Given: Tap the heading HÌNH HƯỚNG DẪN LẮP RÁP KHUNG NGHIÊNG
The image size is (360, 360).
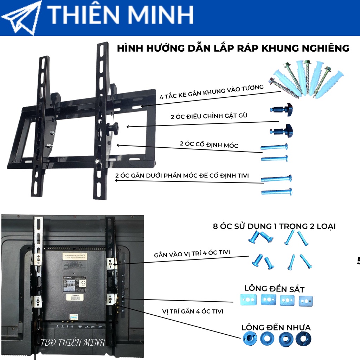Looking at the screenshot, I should [233, 48].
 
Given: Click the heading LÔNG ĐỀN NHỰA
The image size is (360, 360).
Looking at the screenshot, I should [276, 327].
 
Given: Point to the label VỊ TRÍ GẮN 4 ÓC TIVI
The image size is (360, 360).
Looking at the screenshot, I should [193, 311].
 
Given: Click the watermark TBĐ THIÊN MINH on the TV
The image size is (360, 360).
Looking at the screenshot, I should [73, 342].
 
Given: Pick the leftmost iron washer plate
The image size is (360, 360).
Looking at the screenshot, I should [249, 300].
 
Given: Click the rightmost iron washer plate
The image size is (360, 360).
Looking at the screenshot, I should [305, 300].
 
